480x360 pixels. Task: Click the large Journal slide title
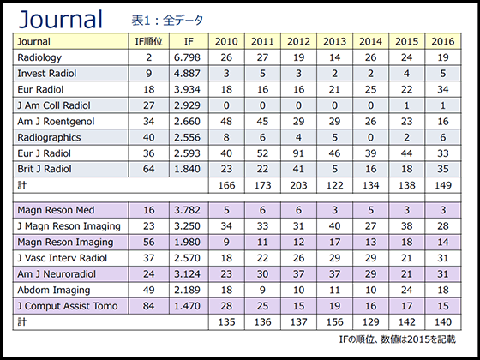61,20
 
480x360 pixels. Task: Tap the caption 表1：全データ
167,21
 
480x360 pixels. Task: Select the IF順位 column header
149,41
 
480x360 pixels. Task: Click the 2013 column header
334,41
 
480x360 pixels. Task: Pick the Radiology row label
39,57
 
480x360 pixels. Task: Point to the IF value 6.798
187,57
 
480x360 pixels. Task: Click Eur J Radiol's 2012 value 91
298,153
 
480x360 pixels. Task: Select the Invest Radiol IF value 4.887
187,74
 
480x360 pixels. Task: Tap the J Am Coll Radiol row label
54,105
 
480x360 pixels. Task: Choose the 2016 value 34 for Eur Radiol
443,89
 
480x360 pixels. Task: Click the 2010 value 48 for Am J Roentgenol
226,122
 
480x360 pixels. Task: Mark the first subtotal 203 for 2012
298,185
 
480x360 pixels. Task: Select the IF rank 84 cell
149,306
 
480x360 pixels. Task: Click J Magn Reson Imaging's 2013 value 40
334,226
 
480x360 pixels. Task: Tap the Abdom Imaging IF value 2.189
187,290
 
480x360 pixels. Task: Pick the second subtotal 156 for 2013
334,322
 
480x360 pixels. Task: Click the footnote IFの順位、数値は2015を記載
398,339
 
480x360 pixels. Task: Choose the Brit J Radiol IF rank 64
149,169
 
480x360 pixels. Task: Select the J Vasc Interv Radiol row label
62,258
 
